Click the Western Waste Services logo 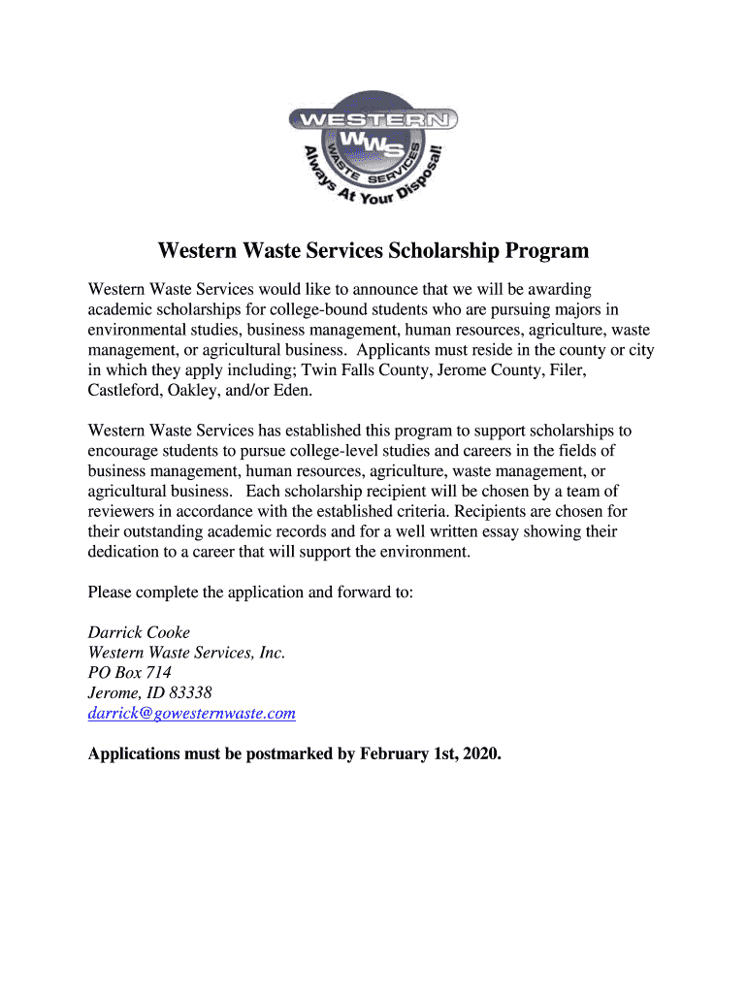click(x=373, y=147)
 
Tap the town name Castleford click(x=126, y=391)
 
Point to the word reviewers click(x=123, y=511)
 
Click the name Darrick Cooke click(x=139, y=632)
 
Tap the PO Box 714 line click(x=129, y=673)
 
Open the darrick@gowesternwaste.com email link click(x=191, y=714)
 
